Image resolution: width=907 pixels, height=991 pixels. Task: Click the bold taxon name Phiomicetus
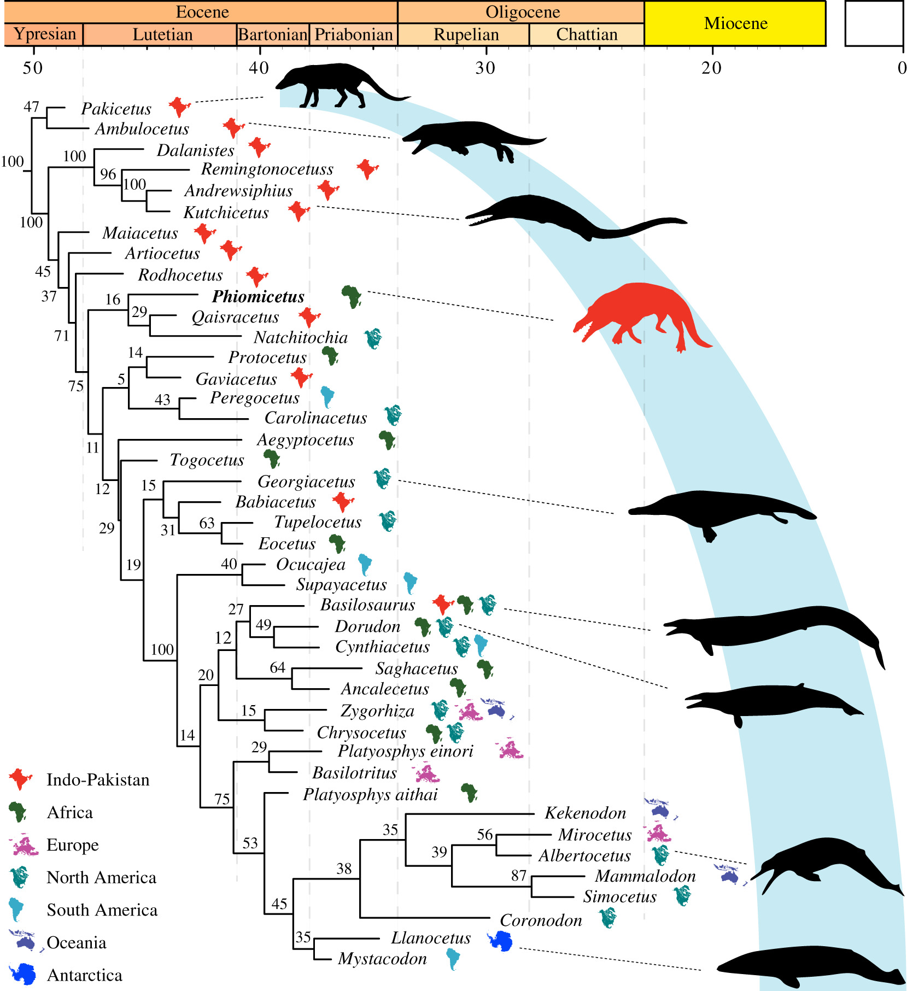click(258, 297)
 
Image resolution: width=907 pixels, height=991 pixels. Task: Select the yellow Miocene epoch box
click(735, 23)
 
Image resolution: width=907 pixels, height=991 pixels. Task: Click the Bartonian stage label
click(273, 34)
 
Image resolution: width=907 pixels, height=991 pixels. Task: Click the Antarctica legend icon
click(22, 974)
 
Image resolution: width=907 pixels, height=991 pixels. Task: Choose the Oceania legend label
click(77, 942)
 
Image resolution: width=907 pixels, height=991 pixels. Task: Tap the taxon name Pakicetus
click(116, 109)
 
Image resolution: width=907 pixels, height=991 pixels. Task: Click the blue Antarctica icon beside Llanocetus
click(500, 940)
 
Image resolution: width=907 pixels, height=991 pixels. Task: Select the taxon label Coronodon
click(541, 920)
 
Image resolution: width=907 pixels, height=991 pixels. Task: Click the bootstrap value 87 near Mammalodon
click(519, 876)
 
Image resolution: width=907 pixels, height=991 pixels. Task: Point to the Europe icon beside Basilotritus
click(427, 773)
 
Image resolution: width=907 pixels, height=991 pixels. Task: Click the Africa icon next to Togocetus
click(272, 459)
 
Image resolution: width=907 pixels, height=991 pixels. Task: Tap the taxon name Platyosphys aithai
click(370, 794)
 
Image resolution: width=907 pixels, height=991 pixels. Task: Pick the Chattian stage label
click(587, 34)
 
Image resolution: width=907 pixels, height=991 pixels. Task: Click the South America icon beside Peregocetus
click(327, 397)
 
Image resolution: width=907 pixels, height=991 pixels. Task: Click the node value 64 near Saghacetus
click(277, 667)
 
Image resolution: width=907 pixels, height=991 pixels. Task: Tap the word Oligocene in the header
click(523, 12)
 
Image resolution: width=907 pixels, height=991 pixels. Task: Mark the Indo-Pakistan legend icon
click(21, 779)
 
